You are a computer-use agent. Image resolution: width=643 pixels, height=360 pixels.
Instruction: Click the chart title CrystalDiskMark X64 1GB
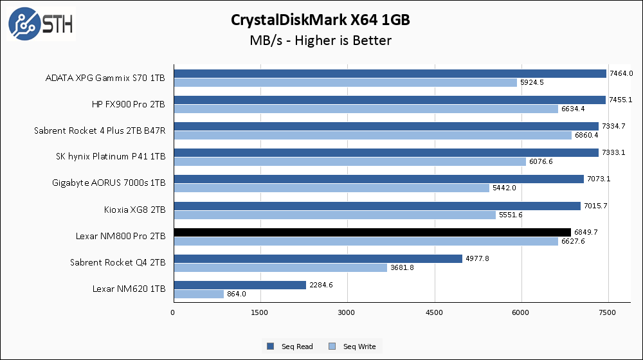[x=320, y=20]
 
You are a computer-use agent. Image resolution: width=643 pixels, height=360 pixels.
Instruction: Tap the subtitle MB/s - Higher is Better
[x=320, y=40]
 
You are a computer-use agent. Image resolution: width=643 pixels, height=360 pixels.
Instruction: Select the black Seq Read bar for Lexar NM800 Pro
[x=372, y=232]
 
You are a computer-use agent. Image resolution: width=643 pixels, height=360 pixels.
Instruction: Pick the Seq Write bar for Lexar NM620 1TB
[x=199, y=294]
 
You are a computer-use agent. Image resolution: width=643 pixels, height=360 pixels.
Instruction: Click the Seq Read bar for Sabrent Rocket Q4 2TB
[x=318, y=258]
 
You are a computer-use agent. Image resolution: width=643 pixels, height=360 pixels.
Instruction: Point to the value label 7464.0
[x=622, y=73]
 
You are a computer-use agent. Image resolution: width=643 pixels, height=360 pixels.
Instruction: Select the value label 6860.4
[x=586, y=136]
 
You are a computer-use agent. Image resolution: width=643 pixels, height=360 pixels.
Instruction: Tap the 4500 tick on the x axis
[x=435, y=312]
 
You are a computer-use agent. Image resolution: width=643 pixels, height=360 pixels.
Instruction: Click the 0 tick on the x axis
[x=173, y=312]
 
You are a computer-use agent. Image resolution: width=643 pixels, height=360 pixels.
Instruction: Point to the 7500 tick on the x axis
[x=608, y=312]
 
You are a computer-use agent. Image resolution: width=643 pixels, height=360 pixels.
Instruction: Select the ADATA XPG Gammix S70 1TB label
[x=105, y=78]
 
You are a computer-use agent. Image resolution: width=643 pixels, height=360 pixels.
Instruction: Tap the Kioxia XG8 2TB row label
[x=134, y=210]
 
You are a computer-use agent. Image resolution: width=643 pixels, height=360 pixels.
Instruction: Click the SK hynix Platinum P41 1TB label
[x=111, y=157]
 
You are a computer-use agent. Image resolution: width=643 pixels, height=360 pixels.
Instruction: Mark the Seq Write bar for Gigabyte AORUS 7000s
[x=331, y=188]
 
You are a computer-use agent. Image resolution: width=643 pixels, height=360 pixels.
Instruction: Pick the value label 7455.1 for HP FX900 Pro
[x=622, y=100]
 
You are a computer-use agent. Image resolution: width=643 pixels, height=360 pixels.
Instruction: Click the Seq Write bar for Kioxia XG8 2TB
[x=334, y=214]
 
